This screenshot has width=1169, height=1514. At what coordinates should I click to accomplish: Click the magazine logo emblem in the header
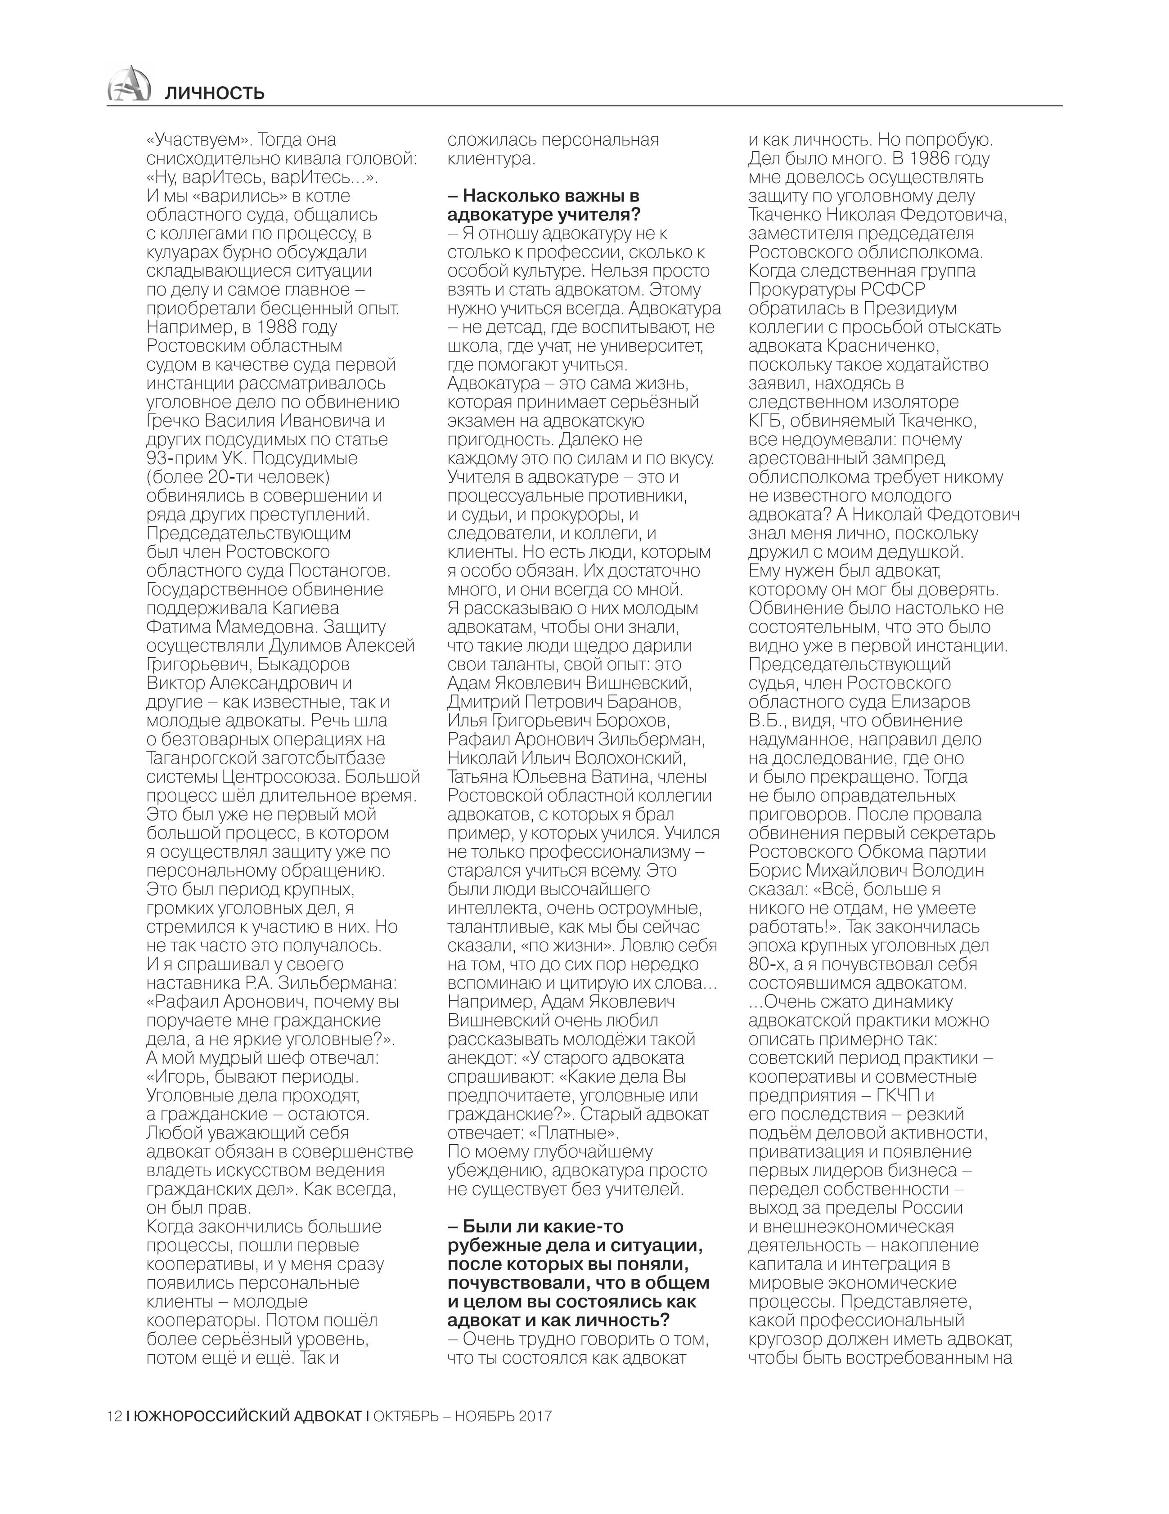click(x=129, y=85)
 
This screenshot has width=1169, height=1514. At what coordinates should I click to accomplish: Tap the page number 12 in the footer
click(x=114, y=1415)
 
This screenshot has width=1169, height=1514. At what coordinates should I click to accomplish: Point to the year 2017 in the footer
click(x=532, y=1415)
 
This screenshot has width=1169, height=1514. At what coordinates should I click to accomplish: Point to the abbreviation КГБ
click(x=765, y=421)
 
